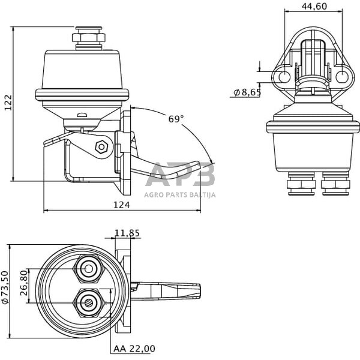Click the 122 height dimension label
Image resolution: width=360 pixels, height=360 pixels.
point(8,103)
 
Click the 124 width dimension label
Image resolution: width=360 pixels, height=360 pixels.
point(122,205)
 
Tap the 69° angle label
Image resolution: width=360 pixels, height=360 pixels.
point(176,119)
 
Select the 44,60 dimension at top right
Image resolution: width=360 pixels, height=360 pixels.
point(314,6)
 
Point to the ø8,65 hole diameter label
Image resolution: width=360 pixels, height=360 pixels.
point(247,92)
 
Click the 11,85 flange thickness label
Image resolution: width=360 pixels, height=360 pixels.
point(127,233)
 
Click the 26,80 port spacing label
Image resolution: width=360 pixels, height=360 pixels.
point(24,283)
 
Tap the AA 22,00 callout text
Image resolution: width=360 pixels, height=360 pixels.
point(134,349)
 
